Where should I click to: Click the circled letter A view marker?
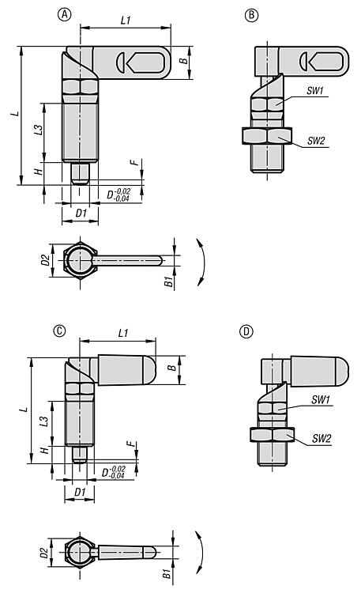click(x=64, y=15)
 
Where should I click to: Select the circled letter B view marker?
click(x=251, y=15)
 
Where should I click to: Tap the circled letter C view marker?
click(x=59, y=331)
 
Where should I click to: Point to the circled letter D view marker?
click(x=246, y=331)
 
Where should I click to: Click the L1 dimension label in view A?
click(x=126, y=20)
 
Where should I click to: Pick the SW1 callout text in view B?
click(x=315, y=91)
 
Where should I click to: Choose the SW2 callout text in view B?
click(x=316, y=141)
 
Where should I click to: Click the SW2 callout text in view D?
click(x=322, y=438)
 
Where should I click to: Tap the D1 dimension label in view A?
click(x=81, y=213)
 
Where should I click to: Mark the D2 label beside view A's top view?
click(x=46, y=260)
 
